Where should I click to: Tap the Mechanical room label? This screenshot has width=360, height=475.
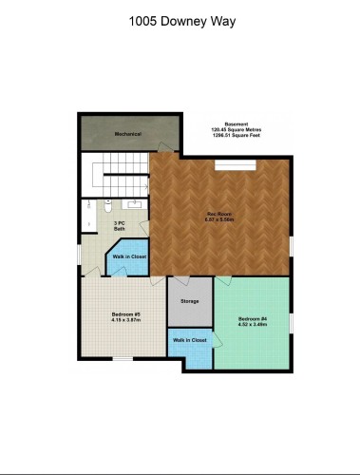(x=127, y=134)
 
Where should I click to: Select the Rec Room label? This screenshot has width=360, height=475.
(x=219, y=214)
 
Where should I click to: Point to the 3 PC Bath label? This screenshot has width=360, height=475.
(x=121, y=226)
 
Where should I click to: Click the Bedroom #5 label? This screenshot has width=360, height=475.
(x=125, y=313)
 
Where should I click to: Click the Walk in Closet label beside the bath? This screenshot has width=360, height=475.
(x=128, y=257)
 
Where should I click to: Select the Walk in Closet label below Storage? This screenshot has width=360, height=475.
(x=189, y=340)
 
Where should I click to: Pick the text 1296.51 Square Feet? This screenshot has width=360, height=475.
(x=237, y=136)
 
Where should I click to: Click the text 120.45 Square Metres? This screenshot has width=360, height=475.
(x=237, y=130)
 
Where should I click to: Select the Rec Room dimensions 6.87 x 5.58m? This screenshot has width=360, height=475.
(x=219, y=219)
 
